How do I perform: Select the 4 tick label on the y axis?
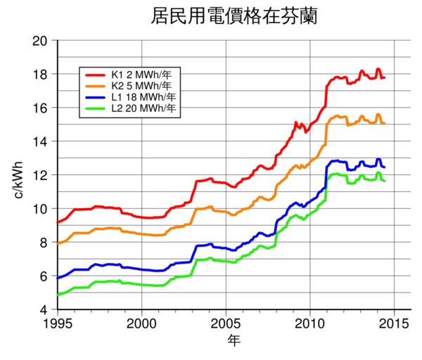44,309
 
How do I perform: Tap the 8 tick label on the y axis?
44,243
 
